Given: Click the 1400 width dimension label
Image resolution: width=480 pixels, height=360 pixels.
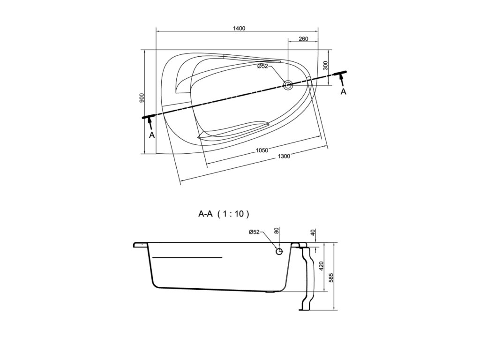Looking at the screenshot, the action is tap(240, 28).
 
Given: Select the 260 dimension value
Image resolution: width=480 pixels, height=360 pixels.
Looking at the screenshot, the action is tap(303, 39).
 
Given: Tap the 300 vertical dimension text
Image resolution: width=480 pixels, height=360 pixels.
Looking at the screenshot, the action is tap(326, 65).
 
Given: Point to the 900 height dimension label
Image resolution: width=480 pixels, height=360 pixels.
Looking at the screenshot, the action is tap(142, 97).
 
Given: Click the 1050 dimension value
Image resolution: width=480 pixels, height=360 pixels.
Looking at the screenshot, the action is tap(262, 150).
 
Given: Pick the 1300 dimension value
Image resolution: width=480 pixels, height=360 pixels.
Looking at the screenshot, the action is tap(284, 157).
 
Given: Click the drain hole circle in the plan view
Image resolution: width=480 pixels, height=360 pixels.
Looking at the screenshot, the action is tap(288, 85).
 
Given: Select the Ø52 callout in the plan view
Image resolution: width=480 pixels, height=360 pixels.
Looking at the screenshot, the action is tap(262, 66).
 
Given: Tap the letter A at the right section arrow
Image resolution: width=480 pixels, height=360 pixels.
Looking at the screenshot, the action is tap(344, 91).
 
